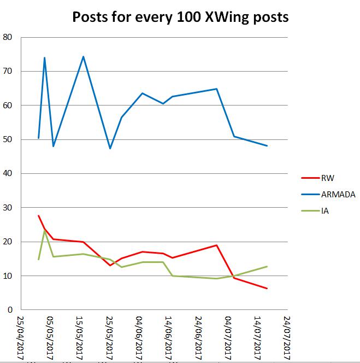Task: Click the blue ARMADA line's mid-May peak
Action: tap(83, 56)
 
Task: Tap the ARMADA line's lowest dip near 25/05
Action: tap(110, 148)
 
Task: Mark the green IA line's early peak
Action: tap(45, 230)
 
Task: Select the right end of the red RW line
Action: tap(267, 289)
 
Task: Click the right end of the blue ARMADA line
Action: tap(267, 146)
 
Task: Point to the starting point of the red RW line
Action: tap(38, 215)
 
